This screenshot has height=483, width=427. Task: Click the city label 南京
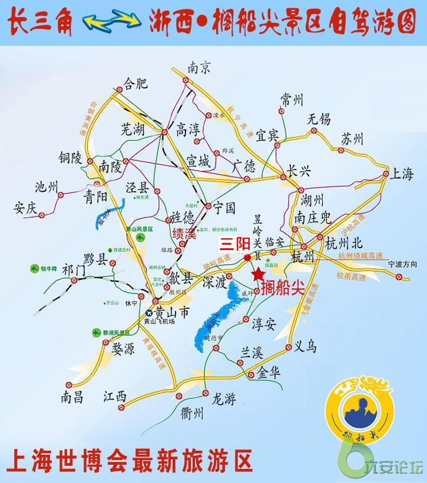point(199,68)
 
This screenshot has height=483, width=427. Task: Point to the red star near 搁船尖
point(257,274)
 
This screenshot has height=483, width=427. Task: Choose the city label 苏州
point(352,139)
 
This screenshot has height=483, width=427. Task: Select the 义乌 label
point(305,347)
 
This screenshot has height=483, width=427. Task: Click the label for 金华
point(269,373)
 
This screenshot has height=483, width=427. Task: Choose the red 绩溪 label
point(183,234)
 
